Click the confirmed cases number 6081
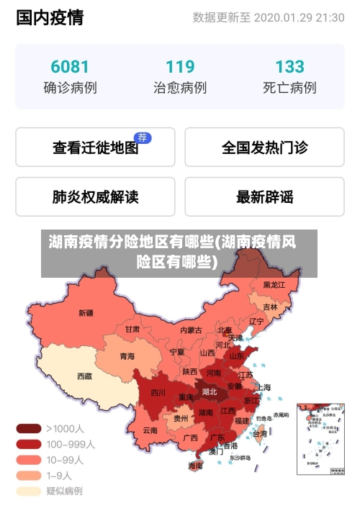pyautogui.click(x=70, y=67)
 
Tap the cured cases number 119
pyautogui.click(x=180, y=67)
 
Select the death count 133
pyautogui.click(x=289, y=67)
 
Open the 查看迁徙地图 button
pyautogui.click(x=95, y=148)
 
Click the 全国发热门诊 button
pyautogui.click(x=264, y=148)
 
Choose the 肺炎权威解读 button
pyautogui.click(x=95, y=196)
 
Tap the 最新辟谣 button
pyautogui.click(x=264, y=196)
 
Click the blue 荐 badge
pyautogui.click(x=143, y=137)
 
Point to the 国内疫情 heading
pyautogui.click(x=50, y=17)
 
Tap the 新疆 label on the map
pyautogui.click(x=86, y=313)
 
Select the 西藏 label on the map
pyautogui.click(x=84, y=376)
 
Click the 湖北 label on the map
pyautogui.click(x=210, y=392)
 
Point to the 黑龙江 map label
pyautogui.click(x=274, y=286)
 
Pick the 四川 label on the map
pyautogui.click(x=158, y=393)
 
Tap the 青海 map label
pyautogui.click(x=127, y=356)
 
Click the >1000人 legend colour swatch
pyautogui.click(x=29, y=428)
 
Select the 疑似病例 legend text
pyautogui.click(x=65, y=491)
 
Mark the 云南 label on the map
pyautogui.click(x=150, y=430)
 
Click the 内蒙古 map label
pyautogui.click(x=191, y=330)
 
